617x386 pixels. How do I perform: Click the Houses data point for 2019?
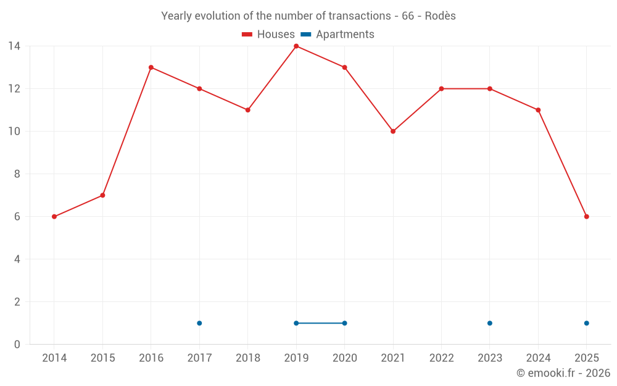[x=296, y=46]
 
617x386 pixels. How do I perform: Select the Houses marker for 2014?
[x=54, y=217]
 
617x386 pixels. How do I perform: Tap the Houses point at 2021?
[x=393, y=132]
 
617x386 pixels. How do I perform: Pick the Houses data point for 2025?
[x=586, y=217]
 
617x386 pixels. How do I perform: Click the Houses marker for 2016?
[x=151, y=67]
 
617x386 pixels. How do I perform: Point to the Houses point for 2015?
[x=102, y=195]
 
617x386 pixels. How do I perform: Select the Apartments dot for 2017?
[x=199, y=323]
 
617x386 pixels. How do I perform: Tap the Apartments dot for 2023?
[x=490, y=323]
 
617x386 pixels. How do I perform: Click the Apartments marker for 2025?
[x=586, y=323]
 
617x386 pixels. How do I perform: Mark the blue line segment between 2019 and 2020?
[x=320, y=323]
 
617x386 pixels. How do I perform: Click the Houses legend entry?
[x=268, y=35]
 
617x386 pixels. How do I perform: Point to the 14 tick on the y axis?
[x=14, y=46]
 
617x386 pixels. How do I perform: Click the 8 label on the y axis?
[x=17, y=174]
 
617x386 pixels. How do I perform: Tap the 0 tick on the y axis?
[x=17, y=345]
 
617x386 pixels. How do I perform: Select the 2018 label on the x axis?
[x=248, y=358]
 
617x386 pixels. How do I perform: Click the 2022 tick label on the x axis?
[x=441, y=358]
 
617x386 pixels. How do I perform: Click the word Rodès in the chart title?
[x=441, y=16]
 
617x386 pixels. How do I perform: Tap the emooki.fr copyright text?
[x=563, y=373]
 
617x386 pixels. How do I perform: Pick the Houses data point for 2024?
[x=538, y=110]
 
